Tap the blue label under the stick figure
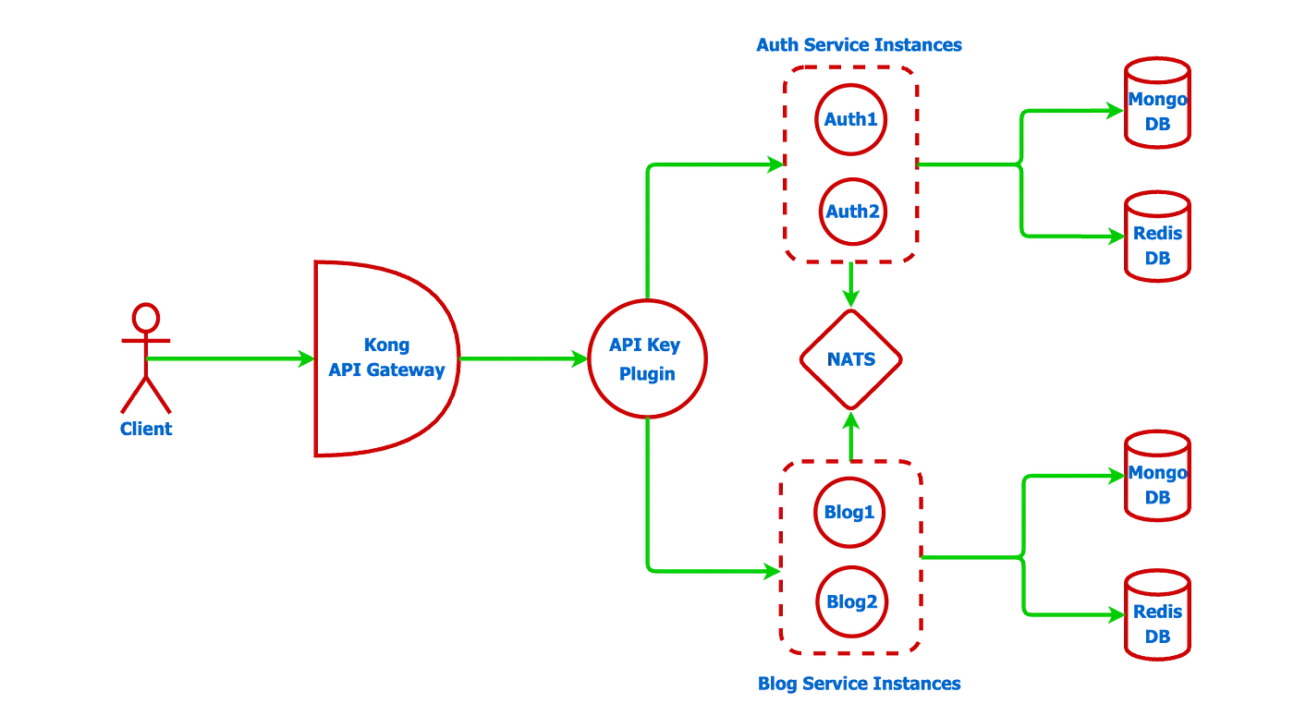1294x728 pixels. (147, 429)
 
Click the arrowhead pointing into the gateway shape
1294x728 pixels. (305, 359)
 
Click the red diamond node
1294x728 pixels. (851, 359)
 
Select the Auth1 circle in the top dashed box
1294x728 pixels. (851, 119)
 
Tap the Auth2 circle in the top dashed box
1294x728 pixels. (851, 212)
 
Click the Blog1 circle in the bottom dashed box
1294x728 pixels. (851, 512)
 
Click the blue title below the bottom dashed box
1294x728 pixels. (860, 685)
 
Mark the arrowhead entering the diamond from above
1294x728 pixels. (851, 297)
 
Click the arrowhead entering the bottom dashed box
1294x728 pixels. (771, 571)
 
